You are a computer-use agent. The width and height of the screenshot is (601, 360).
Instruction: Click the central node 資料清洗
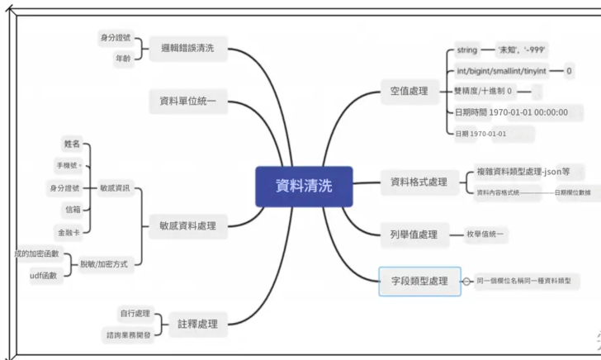coord(304,186)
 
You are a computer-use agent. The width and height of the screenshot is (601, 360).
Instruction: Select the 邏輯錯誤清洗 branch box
coord(187,49)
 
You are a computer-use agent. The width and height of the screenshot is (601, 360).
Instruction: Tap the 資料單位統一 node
coord(187,102)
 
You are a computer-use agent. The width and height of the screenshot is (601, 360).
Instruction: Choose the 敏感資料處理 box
coord(187,225)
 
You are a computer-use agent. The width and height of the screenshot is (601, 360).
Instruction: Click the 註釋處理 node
coord(197,324)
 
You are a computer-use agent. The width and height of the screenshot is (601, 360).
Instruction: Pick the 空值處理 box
coord(409,91)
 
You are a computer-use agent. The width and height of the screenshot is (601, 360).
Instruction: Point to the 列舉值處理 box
coord(414,234)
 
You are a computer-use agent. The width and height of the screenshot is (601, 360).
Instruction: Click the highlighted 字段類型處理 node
coord(419,282)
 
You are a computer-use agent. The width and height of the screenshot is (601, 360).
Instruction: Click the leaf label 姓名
coord(73,144)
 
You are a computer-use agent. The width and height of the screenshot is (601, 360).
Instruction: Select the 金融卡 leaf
coord(69,231)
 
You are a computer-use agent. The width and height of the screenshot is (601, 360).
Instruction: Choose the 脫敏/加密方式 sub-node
coord(103,264)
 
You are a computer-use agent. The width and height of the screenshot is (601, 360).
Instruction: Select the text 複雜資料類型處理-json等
coord(529,173)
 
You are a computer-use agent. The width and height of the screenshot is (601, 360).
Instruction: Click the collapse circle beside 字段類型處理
coord(467,282)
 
